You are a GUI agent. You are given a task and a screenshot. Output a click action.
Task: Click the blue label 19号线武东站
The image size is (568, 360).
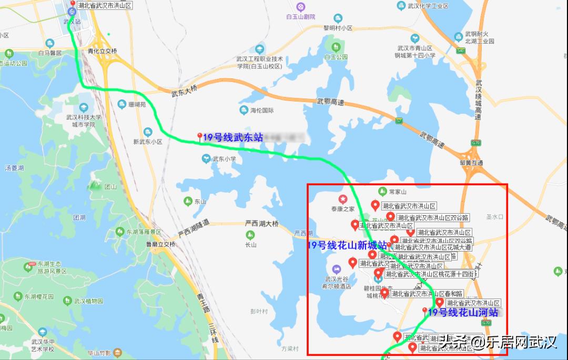232,137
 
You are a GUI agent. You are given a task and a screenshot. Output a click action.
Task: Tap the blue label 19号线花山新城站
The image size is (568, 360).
347,245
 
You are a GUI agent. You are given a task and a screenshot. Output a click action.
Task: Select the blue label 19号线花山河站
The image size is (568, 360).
463,313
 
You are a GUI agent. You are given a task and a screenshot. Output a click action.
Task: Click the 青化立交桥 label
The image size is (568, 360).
103,51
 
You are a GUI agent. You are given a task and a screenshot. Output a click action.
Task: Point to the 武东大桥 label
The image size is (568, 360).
184,92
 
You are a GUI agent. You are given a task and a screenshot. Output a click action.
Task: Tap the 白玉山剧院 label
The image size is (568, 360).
301,17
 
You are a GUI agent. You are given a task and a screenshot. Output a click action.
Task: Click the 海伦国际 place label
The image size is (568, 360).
262,111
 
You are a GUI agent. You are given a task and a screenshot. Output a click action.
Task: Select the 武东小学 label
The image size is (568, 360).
224,158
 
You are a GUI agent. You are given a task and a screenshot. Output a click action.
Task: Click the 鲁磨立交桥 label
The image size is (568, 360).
160,244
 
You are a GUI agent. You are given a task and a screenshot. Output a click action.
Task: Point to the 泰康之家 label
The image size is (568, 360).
343,209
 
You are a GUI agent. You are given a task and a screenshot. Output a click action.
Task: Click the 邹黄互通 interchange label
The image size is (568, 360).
471,163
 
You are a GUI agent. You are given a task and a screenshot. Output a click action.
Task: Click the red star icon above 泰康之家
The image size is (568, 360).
343,199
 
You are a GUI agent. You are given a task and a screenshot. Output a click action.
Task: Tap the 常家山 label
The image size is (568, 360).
397,192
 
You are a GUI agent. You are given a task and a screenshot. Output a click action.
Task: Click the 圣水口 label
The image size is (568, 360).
495,216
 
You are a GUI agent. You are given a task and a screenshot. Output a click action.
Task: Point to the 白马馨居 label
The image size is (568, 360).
50,53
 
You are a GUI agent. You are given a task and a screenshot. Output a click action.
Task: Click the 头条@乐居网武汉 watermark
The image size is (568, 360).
498,343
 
